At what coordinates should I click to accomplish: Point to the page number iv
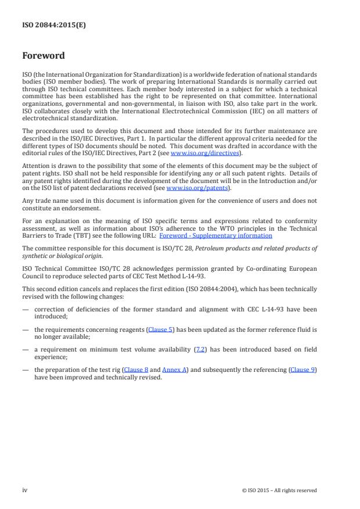25,490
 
